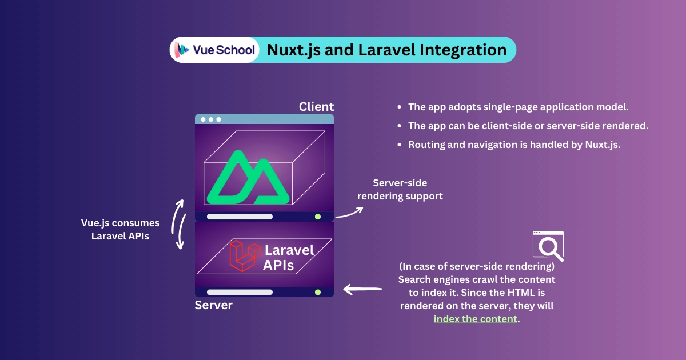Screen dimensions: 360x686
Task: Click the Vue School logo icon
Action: pyautogui.click(x=182, y=50)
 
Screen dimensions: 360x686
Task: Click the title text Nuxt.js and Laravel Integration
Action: pyautogui.click(x=386, y=50)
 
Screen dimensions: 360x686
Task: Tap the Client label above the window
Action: pyautogui.click(x=316, y=107)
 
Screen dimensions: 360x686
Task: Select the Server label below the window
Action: pyautogui.click(x=213, y=305)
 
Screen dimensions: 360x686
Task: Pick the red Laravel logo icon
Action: pyautogui.click(x=242, y=255)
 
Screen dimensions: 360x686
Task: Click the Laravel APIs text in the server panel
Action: pyautogui.click(x=289, y=257)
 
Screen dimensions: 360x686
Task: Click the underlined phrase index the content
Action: pyautogui.click(x=476, y=319)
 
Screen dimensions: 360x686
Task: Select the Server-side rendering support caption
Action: pyautogui.click(x=400, y=190)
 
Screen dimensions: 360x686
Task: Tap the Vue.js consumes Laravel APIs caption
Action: pyautogui.click(x=120, y=229)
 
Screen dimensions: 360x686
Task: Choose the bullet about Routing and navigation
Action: pyautogui.click(x=514, y=145)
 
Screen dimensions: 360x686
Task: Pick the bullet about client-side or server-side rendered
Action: pyautogui.click(x=528, y=126)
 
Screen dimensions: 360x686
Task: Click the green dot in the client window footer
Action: pyautogui.click(x=317, y=217)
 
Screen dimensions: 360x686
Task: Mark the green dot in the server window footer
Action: pyautogui.click(x=317, y=292)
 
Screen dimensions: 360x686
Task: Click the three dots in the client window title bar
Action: pyautogui.click(x=210, y=119)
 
